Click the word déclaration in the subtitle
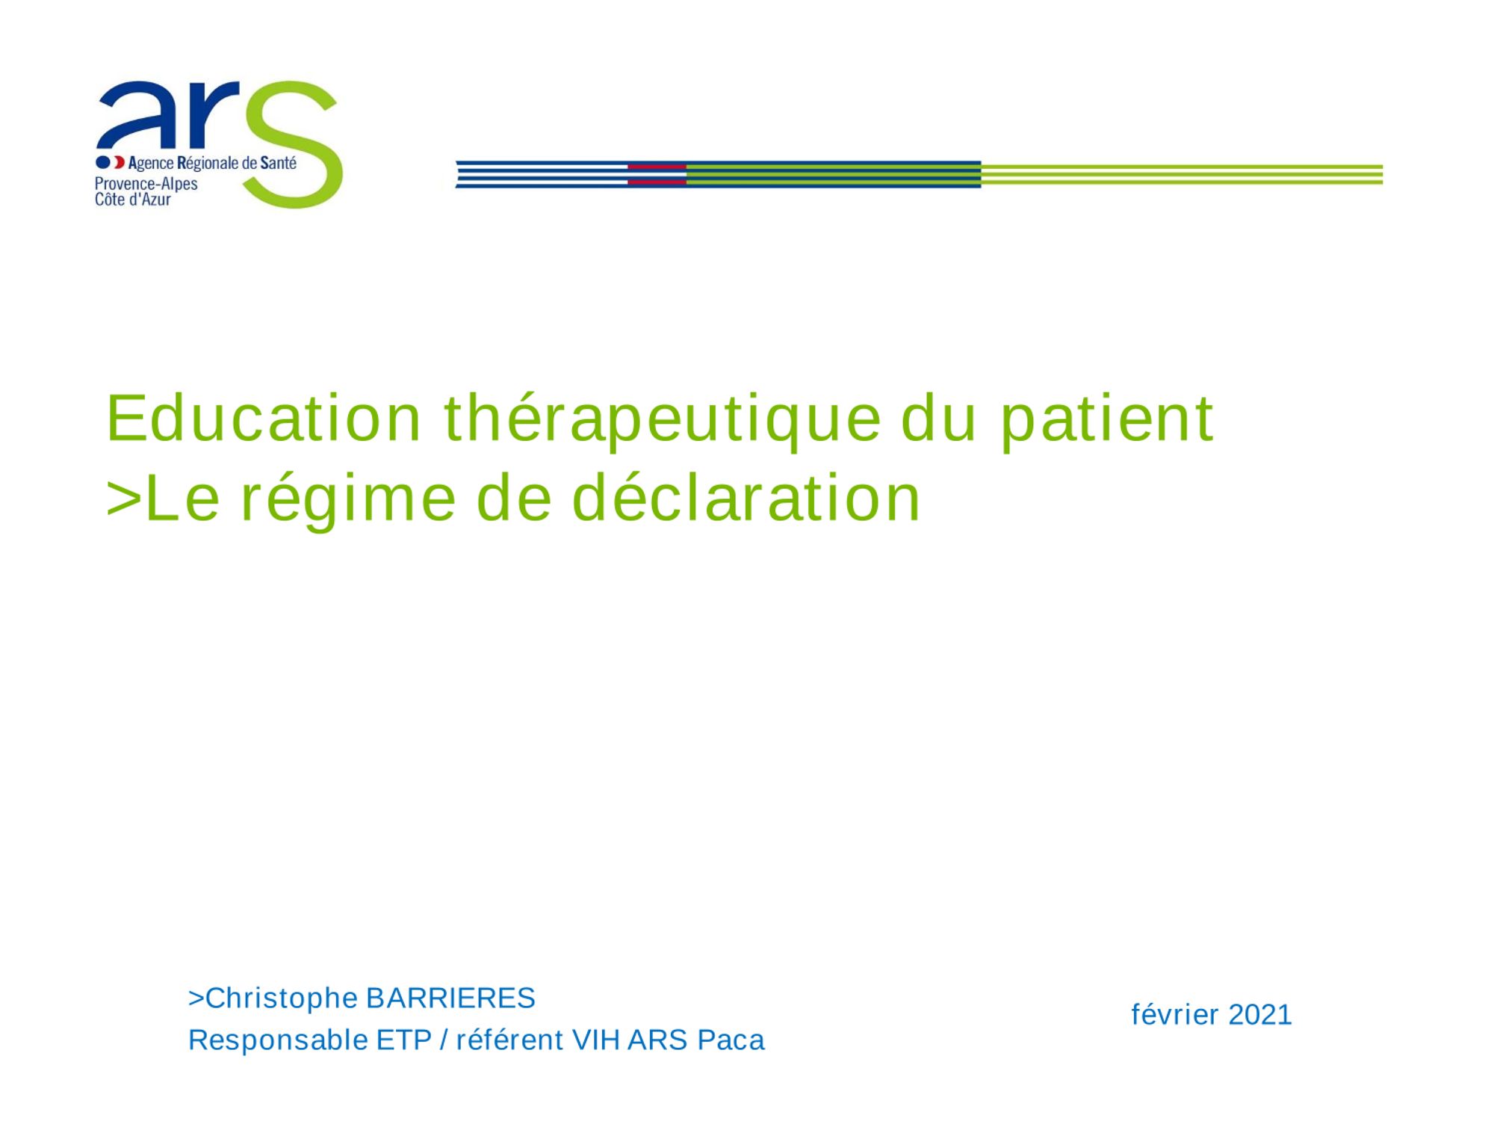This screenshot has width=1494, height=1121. [746, 498]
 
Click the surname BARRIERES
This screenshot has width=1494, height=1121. [451, 998]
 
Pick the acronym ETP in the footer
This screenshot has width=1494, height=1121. [404, 1040]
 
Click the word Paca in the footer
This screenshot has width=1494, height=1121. [731, 1040]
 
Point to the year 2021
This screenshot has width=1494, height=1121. [1260, 1015]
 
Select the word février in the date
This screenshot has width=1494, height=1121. [1176, 1015]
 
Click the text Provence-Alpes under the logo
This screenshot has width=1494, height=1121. [146, 184]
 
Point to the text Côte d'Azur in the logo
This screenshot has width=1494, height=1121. [133, 200]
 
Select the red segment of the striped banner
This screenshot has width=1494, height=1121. [657, 174]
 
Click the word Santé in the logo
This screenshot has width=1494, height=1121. [279, 163]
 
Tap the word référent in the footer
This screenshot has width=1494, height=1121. [509, 1040]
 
